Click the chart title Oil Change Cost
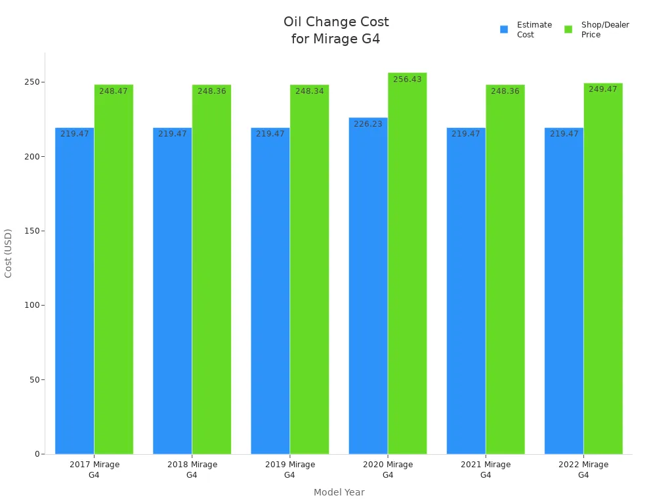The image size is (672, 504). pos(336,30)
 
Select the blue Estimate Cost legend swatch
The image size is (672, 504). pos(504,30)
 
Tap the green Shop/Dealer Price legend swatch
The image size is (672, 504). pos(568,30)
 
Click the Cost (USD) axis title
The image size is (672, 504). pos(9,253)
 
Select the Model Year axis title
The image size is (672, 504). pos(339,492)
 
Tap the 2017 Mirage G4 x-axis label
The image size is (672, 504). pos(94,469)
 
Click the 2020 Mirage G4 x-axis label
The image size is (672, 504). pos(388,469)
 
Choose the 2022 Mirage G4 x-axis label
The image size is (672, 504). pos(583,469)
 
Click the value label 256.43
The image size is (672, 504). pos(407,79)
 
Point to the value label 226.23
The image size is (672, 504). pos(367,124)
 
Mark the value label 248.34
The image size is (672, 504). pos(309,91)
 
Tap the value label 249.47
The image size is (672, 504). pos(602,89)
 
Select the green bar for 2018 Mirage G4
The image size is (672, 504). pos(211,276)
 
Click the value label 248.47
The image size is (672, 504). pos(114,91)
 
